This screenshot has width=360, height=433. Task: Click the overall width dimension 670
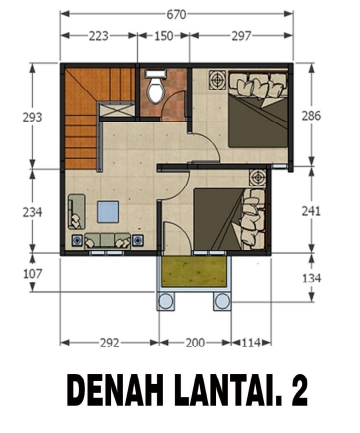pos(176,15)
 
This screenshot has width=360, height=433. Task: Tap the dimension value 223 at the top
pos(99,36)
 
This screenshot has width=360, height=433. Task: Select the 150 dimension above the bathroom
pos(164,36)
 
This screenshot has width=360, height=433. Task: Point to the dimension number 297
pos(242,36)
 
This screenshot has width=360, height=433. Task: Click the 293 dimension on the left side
pos(32,117)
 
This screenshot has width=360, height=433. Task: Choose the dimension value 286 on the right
pos(311,116)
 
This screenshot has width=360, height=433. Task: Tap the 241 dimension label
pos(311,211)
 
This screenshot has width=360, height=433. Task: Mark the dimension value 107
pos(32,274)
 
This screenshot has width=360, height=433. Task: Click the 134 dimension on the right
pos(311,278)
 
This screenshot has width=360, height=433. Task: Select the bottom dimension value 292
pos(110,343)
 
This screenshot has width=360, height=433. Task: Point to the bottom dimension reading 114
pos(251,343)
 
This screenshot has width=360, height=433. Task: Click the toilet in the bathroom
pos(155,86)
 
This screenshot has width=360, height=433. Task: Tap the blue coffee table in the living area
pos(108,212)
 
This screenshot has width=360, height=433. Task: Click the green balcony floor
pos(194,272)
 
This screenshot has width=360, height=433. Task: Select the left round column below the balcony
pos(165,302)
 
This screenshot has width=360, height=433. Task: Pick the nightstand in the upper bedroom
pos(218,80)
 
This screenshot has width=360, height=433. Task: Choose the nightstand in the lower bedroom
pos(258,178)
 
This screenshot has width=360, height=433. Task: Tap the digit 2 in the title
pos(298,390)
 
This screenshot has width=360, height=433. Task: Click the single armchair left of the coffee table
pos(76,212)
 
